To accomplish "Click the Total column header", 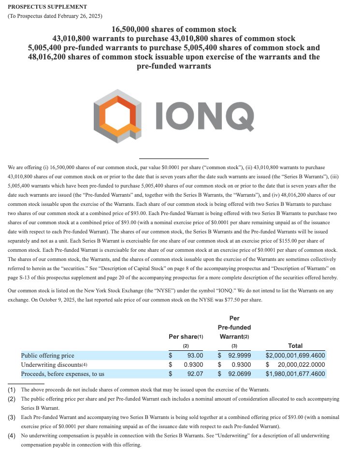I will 295,346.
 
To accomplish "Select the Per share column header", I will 186,336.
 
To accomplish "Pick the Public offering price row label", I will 48,355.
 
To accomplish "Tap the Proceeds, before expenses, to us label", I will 62,374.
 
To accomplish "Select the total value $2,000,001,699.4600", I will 295,355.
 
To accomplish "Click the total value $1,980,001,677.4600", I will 295,374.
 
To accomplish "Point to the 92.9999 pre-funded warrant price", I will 239,355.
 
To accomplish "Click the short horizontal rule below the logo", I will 173,158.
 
